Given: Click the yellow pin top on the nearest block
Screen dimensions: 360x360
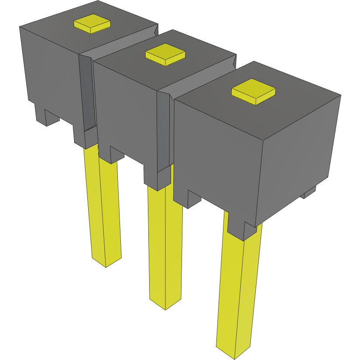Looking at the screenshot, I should point(254,91).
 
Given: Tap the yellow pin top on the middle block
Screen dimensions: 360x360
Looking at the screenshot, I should point(165,54).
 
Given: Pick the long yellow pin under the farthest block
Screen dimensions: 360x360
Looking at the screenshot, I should point(104,209).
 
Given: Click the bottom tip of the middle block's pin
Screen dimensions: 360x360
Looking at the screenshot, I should point(165,305).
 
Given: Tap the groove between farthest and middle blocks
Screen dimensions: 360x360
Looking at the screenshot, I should point(87,92).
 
